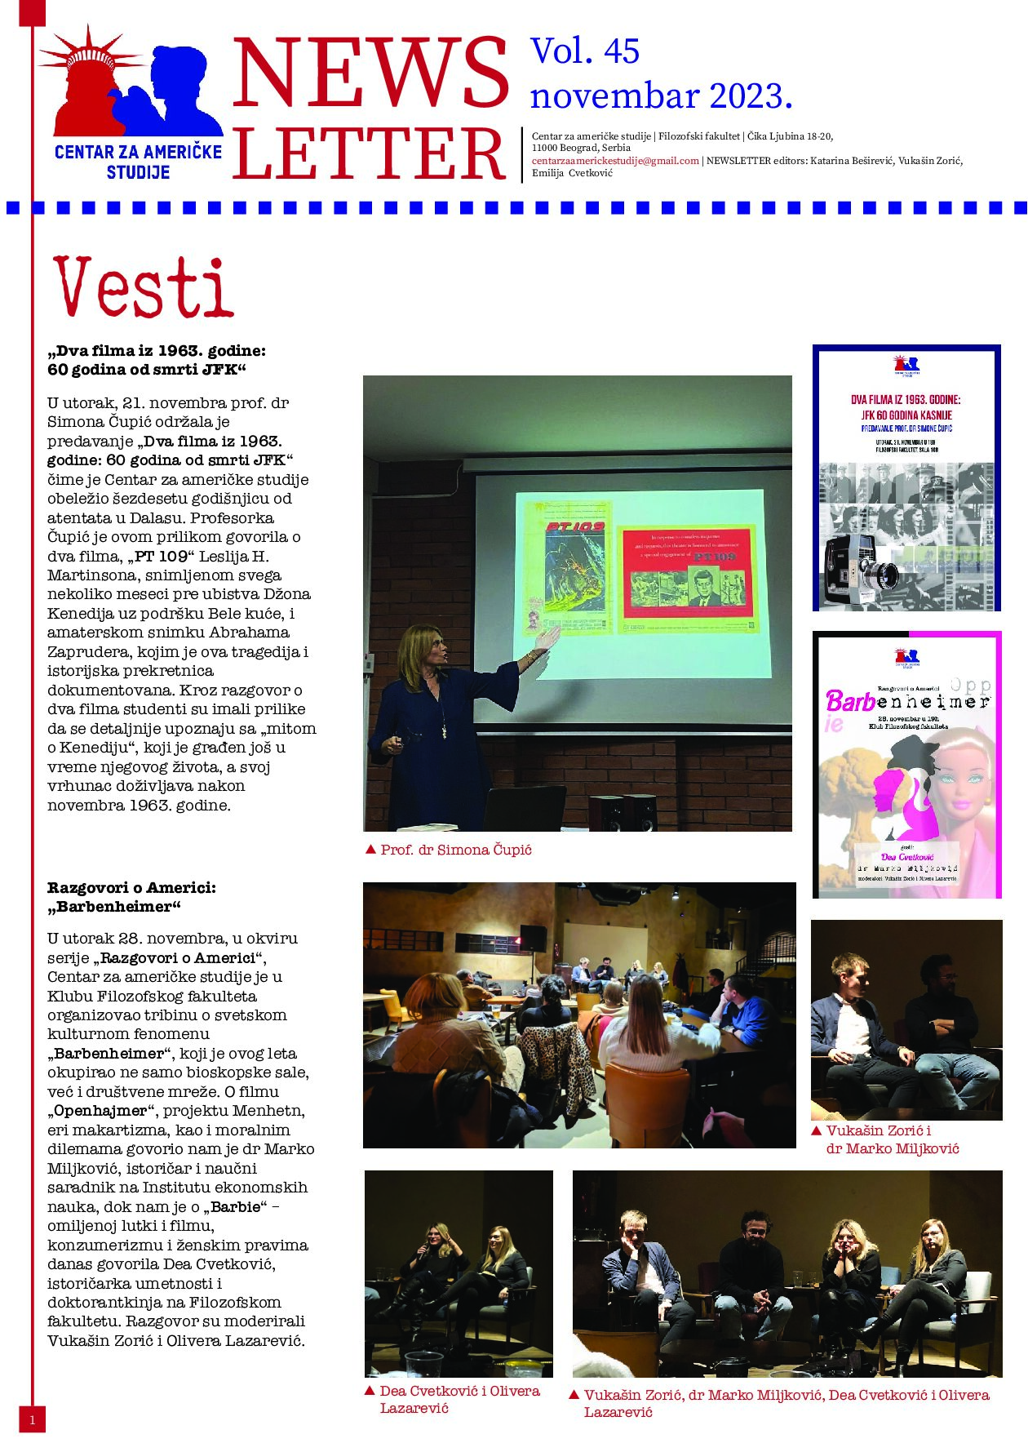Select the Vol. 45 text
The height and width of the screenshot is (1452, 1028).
pos(585,51)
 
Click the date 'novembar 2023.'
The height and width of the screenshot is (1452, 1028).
pos(661,96)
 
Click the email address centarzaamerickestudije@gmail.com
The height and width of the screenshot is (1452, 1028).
pos(615,161)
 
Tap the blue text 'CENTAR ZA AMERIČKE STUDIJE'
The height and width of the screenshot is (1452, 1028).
pos(138,161)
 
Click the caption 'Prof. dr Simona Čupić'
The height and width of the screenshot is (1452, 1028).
pos(455,850)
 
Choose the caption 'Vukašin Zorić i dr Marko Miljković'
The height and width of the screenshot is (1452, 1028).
pos(892,1139)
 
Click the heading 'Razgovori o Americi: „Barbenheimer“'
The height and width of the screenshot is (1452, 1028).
pos(131,897)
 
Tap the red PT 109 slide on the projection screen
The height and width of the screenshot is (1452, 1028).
pos(687,572)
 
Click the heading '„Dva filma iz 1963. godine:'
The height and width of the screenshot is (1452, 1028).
pos(157,351)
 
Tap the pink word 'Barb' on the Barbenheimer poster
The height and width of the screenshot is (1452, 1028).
pos(850,700)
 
